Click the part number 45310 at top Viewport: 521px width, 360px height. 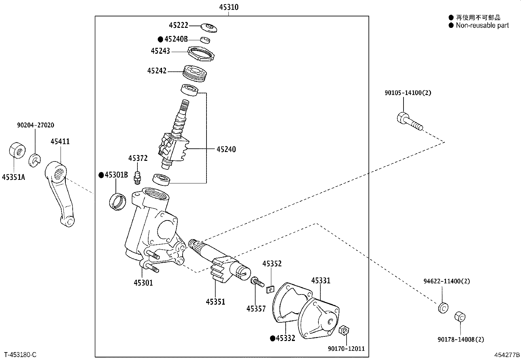(229, 7)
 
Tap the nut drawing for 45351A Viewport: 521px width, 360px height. (16, 150)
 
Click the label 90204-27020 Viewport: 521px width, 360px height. (36, 125)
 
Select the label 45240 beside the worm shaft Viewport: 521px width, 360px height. (226, 149)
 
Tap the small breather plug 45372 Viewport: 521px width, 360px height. (137, 178)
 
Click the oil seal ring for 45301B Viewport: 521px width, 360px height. (117, 201)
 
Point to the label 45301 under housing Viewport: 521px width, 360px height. (143, 282)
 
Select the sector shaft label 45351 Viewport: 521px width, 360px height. (215, 302)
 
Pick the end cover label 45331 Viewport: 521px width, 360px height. (321, 280)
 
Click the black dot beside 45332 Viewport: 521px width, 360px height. (272, 338)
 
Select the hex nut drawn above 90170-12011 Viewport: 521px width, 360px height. (343, 330)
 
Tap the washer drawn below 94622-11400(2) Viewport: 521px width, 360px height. (443, 308)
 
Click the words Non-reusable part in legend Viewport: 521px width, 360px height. (482, 25)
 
